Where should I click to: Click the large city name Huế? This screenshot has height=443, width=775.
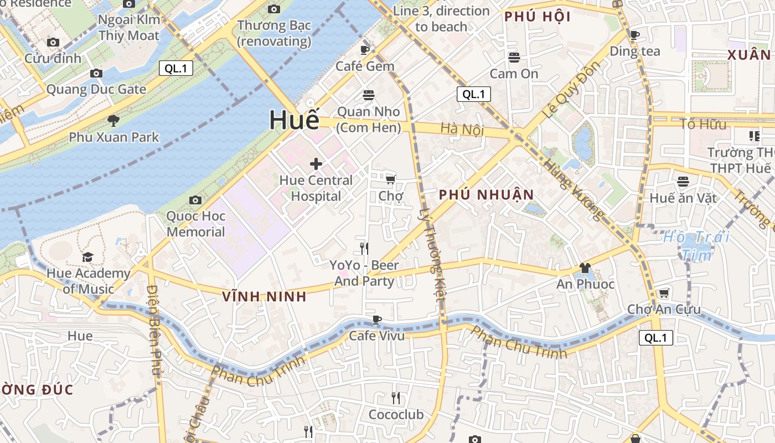pyautogui.click(x=294, y=120)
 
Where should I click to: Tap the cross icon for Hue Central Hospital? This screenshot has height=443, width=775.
pyautogui.click(x=316, y=164)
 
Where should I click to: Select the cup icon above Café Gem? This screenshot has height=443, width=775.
pyautogui.click(x=365, y=50)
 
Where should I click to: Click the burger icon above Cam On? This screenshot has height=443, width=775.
pyautogui.click(x=514, y=58)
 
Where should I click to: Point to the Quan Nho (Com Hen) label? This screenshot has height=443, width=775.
pyautogui.click(x=368, y=119)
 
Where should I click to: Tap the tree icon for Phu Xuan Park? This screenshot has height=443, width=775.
pyautogui.click(x=113, y=120)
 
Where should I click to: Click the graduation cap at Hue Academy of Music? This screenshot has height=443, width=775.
pyautogui.click(x=88, y=257)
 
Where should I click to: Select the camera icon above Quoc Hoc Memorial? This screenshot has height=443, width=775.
pyautogui.click(x=195, y=200)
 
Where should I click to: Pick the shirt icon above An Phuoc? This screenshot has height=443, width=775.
pyautogui.click(x=585, y=269)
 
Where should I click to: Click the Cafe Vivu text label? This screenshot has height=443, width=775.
pyautogui.click(x=376, y=336)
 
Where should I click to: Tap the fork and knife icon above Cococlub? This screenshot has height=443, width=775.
pyautogui.click(x=396, y=398)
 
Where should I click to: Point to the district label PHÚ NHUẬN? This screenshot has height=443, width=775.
pyautogui.click(x=486, y=195)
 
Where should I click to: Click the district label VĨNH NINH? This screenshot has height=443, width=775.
pyautogui.click(x=264, y=296)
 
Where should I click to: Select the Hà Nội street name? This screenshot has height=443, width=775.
pyautogui.click(x=462, y=130)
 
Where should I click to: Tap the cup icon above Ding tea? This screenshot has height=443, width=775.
pyautogui.click(x=635, y=35)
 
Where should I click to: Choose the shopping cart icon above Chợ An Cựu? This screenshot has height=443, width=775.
pyautogui.click(x=664, y=293)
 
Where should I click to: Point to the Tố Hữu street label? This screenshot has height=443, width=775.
pyautogui.click(x=703, y=124)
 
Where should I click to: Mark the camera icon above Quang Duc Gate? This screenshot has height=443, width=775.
pyautogui.click(x=96, y=73)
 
